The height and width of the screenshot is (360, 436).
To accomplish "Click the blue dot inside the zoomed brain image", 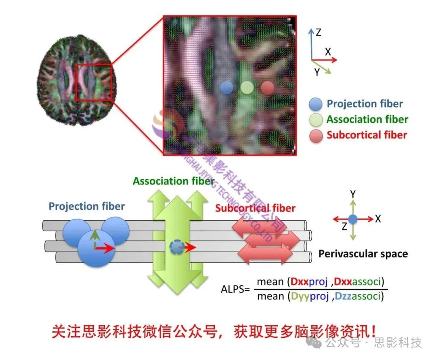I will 227,88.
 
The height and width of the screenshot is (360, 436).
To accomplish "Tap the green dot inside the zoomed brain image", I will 247,87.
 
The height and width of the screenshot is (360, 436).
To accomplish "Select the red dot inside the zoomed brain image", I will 267,87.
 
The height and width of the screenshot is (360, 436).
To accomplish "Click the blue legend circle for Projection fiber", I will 315,104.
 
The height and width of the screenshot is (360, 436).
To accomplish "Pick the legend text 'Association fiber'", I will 367,119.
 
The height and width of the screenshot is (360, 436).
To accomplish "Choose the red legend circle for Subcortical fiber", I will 315,136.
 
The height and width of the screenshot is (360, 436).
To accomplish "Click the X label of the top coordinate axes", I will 328,52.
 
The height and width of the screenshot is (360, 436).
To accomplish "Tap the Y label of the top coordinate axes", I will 317,72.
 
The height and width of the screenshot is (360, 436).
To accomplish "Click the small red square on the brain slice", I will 93,82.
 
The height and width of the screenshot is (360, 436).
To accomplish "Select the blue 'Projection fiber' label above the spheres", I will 87,207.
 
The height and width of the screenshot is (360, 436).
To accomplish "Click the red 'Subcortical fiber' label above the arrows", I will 255,208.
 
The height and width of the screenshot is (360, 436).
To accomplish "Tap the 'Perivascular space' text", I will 363,254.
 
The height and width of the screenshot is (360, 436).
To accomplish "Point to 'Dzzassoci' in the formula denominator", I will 356,297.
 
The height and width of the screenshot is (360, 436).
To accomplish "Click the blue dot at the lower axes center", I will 353,219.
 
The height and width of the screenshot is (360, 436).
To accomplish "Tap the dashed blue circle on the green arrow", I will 176,247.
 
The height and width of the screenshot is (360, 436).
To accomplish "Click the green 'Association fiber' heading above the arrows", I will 174,181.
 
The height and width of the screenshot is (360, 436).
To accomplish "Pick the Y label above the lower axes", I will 353,194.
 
